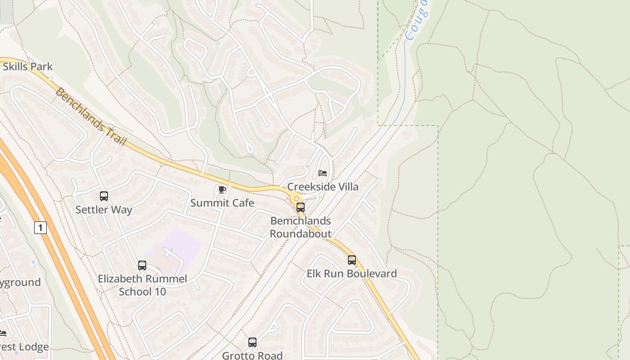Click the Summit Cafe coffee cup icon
tap(221, 189)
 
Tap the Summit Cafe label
tap(222, 203)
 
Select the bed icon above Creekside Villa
tap(323, 173)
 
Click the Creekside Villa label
tap(323, 187)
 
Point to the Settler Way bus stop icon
tap(104, 196)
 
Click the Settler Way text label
tap(104, 210)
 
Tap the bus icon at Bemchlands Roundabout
tap(301, 207)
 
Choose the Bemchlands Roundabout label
tap(301, 227)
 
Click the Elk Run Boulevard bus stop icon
tap(352, 260)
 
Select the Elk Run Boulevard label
tap(352, 274)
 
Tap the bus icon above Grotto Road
tap(252, 342)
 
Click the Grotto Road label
tap(252, 355)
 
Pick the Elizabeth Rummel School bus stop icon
tap(142, 265)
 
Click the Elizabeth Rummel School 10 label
tap(142, 285)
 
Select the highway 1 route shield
tap(40, 228)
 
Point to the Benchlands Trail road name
tap(90, 116)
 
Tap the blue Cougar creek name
tap(416, 20)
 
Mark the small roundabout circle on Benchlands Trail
tap(296, 198)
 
